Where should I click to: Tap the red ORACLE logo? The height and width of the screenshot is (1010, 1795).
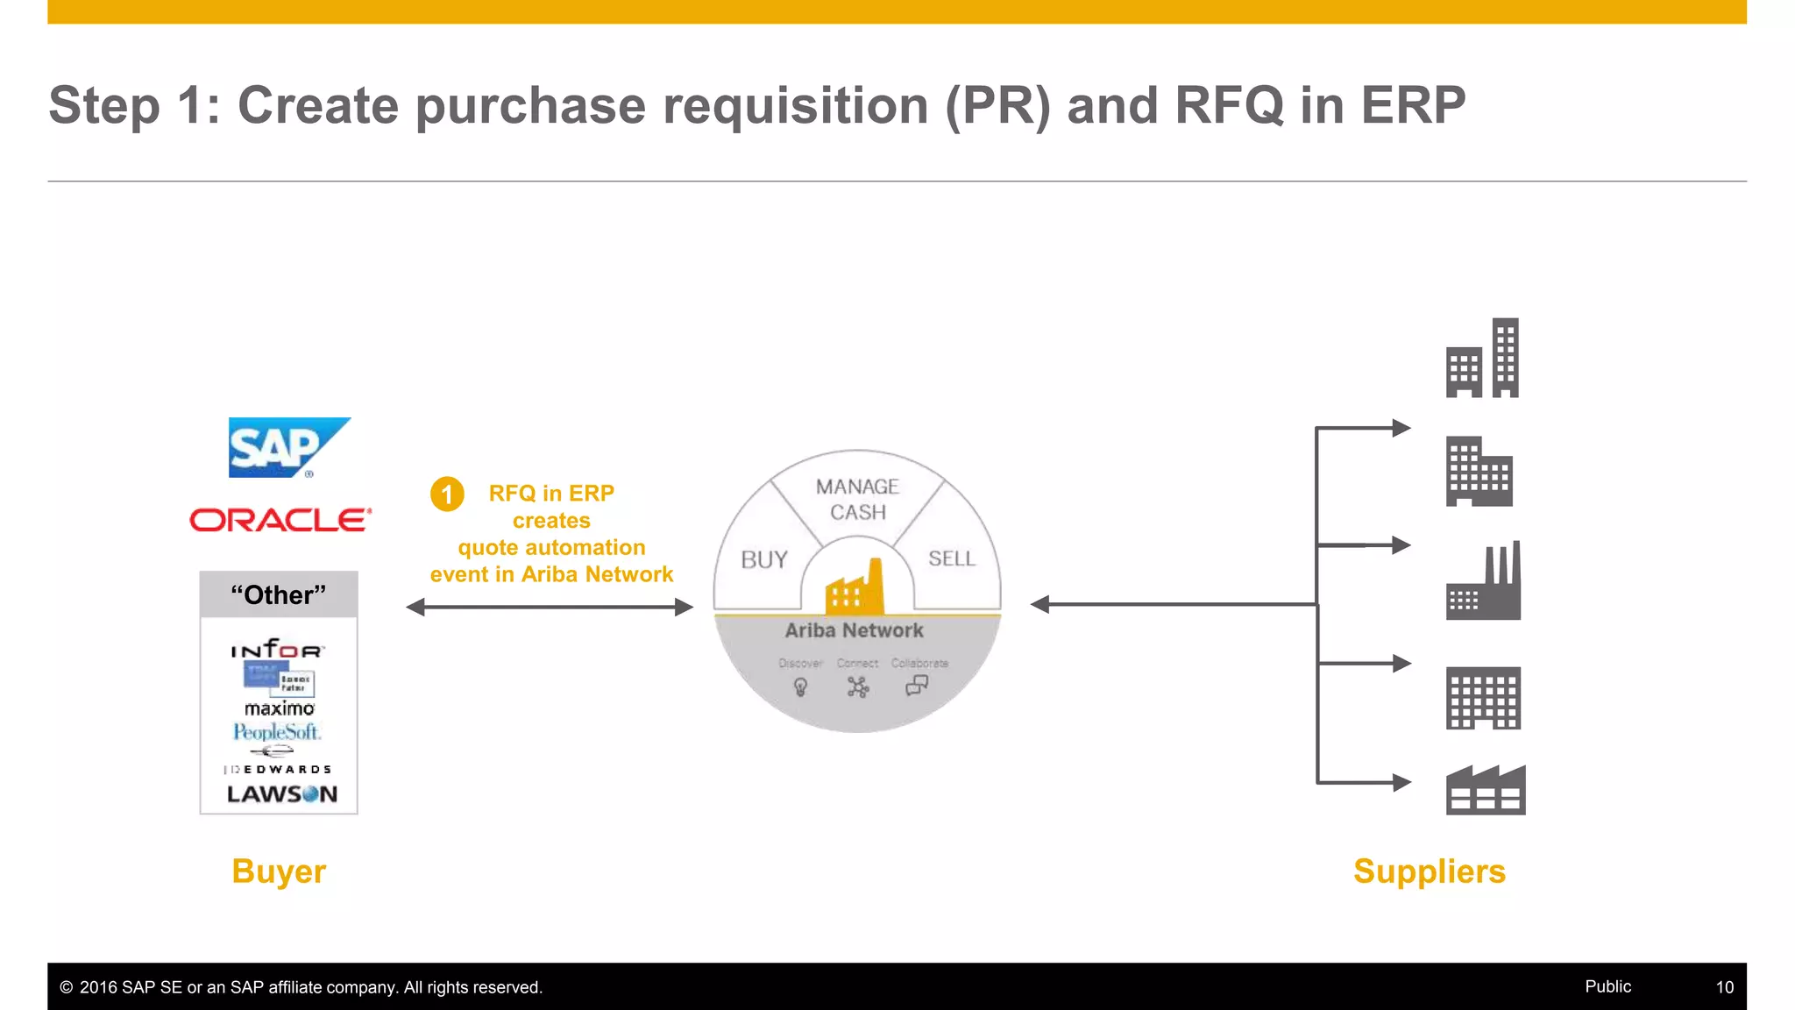(x=280, y=520)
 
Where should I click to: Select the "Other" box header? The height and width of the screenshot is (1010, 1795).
(x=279, y=594)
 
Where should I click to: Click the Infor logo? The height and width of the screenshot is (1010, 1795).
(x=277, y=650)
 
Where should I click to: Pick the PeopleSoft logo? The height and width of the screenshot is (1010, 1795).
(x=277, y=731)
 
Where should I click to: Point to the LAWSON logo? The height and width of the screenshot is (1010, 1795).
(x=281, y=794)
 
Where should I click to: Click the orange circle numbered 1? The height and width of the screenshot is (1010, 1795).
(x=447, y=494)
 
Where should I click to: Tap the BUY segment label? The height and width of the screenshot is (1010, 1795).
(x=764, y=559)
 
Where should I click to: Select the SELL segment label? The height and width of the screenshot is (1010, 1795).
(x=951, y=558)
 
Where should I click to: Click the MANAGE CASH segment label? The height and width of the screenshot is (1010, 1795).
(x=857, y=499)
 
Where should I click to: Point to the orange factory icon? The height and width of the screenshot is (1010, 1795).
(x=855, y=588)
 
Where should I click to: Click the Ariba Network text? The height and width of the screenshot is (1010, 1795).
(x=854, y=630)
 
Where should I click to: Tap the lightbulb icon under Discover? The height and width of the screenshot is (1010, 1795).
(x=800, y=687)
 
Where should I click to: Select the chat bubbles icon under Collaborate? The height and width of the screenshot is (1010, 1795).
(x=917, y=685)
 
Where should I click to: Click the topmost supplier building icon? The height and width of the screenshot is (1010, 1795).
(x=1482, y=359)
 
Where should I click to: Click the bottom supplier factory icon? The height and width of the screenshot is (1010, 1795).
(x=1485, y=790)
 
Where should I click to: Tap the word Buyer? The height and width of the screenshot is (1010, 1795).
(x=279, y=871)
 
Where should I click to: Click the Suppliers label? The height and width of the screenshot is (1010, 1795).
(x=1429, y=871)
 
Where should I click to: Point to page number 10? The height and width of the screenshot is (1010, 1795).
(x=1724, y=987)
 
